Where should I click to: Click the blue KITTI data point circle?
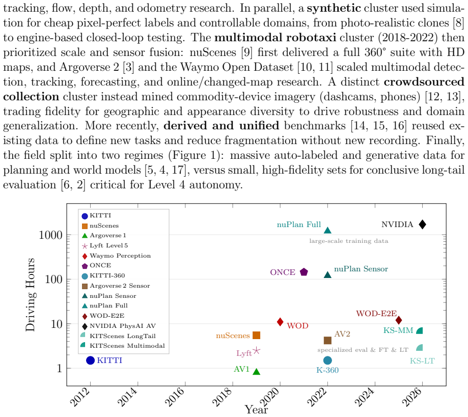click(91, 360)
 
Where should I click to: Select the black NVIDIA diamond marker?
click(422, 225)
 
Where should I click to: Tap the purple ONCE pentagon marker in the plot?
click(304, 272)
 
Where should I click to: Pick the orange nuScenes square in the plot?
click(256, 335)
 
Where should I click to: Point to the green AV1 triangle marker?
click(256, 371)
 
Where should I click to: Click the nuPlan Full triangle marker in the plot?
click(328, 230)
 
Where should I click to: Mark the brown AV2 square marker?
click(328, 340)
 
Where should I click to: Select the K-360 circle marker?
click(328, 360)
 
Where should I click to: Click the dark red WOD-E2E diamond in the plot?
click(399, 320)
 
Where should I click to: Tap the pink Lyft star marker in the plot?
click(256, 351)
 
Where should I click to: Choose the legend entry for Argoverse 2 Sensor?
click(116, 286)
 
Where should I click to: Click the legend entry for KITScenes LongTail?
click(118, 336)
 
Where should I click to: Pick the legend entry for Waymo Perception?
click(117, 256)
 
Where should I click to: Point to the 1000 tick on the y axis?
click(50, 235)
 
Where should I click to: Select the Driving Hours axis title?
click(30, 295)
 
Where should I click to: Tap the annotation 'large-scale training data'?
click(349, 241)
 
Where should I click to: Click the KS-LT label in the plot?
click(422, 361)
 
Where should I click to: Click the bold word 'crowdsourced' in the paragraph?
click(424, 82)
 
